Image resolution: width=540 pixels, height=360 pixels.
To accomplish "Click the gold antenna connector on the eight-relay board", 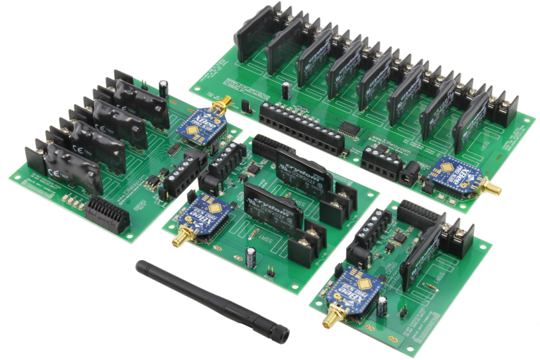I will [x=495, y=189].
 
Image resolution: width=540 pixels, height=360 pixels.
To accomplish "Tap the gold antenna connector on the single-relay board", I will [x=328, y=320].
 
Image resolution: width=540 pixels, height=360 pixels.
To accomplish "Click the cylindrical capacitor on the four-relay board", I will [x=164, y=87].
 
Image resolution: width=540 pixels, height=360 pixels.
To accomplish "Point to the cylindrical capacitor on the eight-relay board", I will [x=287, y=90].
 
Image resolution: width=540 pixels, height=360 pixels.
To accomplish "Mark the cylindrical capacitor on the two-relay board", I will [x=251, y=257].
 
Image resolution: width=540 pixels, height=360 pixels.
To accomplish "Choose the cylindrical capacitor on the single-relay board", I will [x=382, y=306].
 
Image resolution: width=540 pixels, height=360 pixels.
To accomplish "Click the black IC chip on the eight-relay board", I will [x=349, y=129].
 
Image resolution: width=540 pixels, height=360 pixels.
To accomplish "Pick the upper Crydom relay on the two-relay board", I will [x=302, y=169].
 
